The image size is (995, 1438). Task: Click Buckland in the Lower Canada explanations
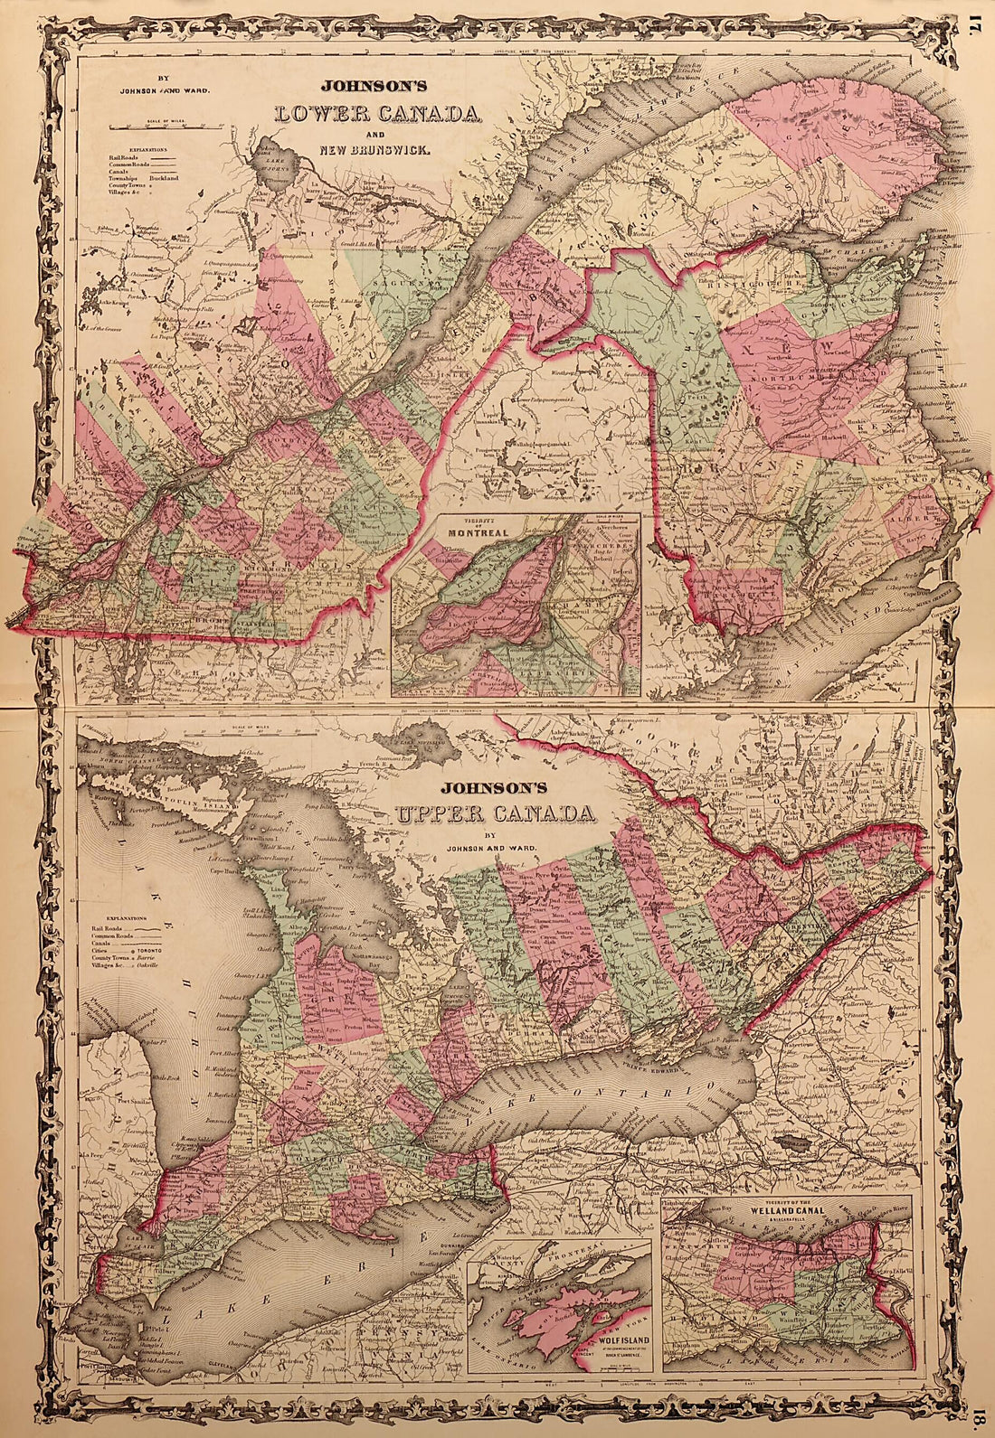[191, 179]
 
